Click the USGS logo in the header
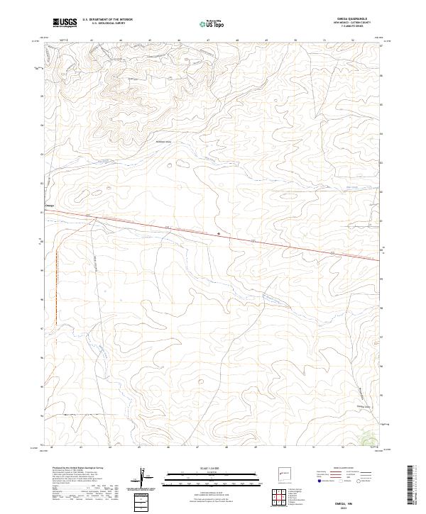coord(64,23)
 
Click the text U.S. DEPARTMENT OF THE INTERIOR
coord(107,20)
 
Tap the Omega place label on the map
coord(49,206)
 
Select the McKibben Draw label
coord(164,143)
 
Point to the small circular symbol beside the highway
coord(219,233)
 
